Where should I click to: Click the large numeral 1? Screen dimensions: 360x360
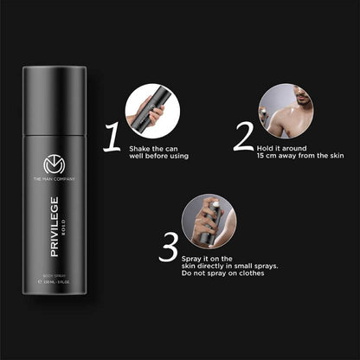tap(112, 137)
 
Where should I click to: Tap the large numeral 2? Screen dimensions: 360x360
tap(243, 137)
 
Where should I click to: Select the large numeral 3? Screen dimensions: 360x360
tap(168, 247)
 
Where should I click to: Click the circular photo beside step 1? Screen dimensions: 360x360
tap(152, 112)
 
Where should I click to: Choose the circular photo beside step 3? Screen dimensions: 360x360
tap(209, 222)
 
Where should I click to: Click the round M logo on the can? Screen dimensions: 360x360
tap(54, 166)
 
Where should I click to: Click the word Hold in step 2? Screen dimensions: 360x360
tap(262, 149)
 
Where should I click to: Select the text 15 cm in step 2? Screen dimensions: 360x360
tap(267, 157)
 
